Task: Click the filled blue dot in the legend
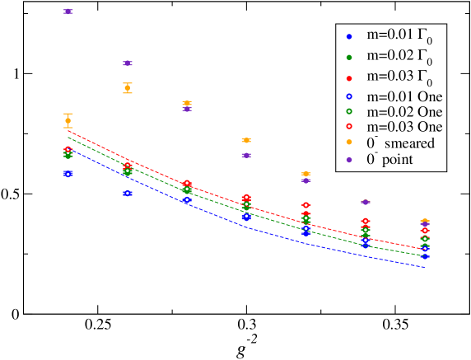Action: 349,37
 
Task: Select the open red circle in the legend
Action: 349,127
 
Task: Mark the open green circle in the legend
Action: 349,111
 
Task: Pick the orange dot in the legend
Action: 349,143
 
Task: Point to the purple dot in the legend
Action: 349,159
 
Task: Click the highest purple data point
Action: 68,12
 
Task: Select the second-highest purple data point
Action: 128,63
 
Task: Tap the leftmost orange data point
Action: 68,120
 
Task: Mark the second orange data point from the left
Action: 128,87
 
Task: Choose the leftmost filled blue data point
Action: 68,174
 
